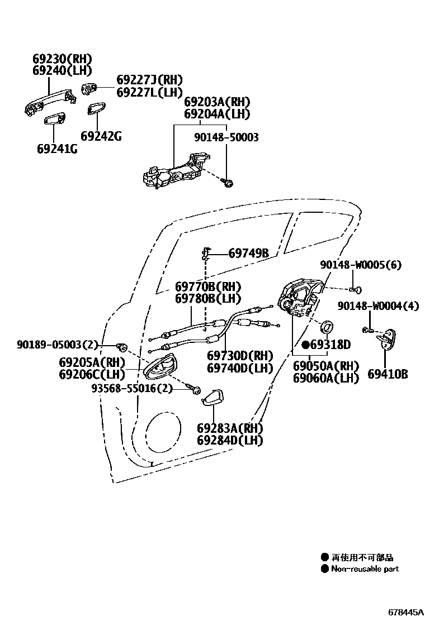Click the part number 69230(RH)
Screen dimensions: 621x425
point(62,59)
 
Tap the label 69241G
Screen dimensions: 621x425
point(57,149)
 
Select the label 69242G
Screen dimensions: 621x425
point(101,136)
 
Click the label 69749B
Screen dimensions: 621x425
point(248,254)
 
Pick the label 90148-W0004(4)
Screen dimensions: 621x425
point(377,306)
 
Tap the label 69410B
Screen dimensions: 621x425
point(387,374)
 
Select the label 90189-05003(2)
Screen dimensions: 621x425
point(57,345)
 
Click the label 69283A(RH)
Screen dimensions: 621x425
point(230,428)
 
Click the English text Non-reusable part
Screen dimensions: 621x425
point(365,569)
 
